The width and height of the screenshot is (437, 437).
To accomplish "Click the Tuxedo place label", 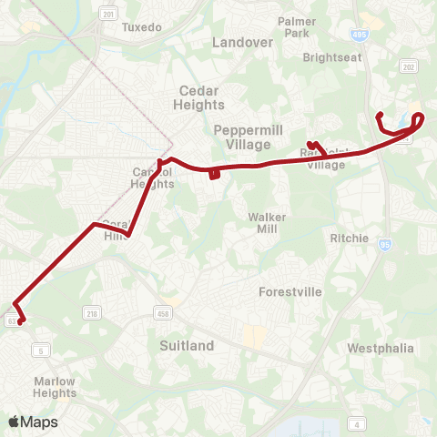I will [x=141, y=27].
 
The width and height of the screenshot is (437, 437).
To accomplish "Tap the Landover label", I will [x=241, y=42].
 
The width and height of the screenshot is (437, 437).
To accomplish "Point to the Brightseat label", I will [x=332, y=56].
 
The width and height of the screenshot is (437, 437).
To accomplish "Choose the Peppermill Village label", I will [x=242, y=137].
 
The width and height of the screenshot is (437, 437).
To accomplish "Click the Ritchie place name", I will [x=351, y=239].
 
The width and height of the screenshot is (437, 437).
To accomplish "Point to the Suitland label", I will [x=186, y=346].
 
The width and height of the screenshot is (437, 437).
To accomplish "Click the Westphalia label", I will [x=381, y=349].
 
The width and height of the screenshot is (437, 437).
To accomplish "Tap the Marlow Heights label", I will [x=55, y=387].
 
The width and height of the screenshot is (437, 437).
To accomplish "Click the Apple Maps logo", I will [x=33, y=422].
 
